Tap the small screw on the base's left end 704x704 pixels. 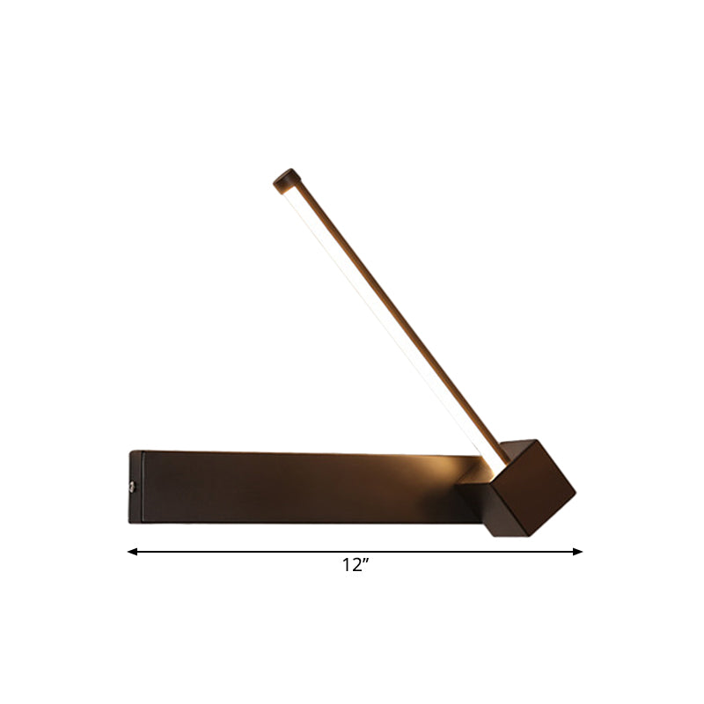tap(133, 485)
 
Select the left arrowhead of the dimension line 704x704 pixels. tap(132, 552)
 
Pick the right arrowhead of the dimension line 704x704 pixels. tap(578, 552)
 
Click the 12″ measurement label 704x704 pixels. tap(355, 567)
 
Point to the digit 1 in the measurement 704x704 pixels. tap(347, 567)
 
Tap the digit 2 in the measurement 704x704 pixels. tap(356, 567)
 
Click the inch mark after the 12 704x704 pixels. tap(364, 563)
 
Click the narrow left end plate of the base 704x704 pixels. tap(134, 487)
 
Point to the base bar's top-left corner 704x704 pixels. tap(130, 451)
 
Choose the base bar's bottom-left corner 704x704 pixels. tap(130, 523)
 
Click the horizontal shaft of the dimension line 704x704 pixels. tap(264, 552)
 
